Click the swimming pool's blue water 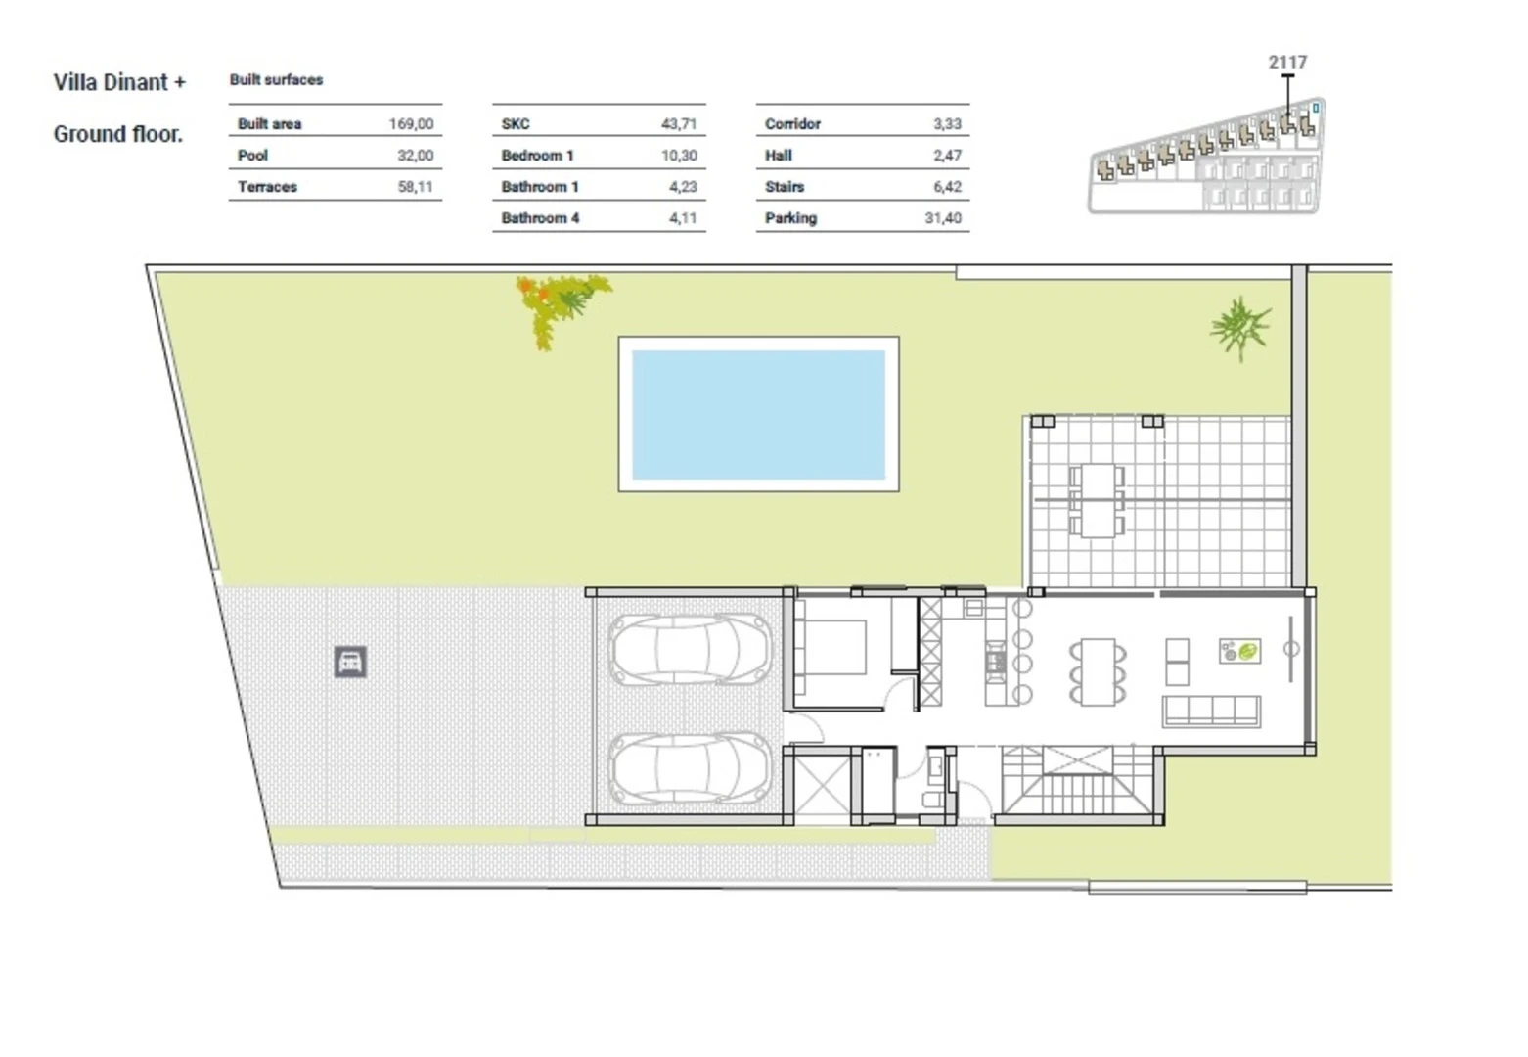click(758, 414)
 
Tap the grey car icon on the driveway click(350, 662)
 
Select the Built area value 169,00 click(411, 124)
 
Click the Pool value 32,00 click(416, 156)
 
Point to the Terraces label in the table click(267, 187)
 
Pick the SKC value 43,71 click(679, 124)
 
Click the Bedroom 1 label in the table click(537, 156)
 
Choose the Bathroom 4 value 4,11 click(683, 218)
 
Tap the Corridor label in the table click(792, 124)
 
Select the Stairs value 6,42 click(948, 187)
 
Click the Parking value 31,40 click(943, 218)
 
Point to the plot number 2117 click(1288, 62)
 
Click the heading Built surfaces click(276, 80)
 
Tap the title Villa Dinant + click(119, 82)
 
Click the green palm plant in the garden click(1240, 328)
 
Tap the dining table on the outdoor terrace click(1098, 500)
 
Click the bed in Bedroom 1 click(831, 647)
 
